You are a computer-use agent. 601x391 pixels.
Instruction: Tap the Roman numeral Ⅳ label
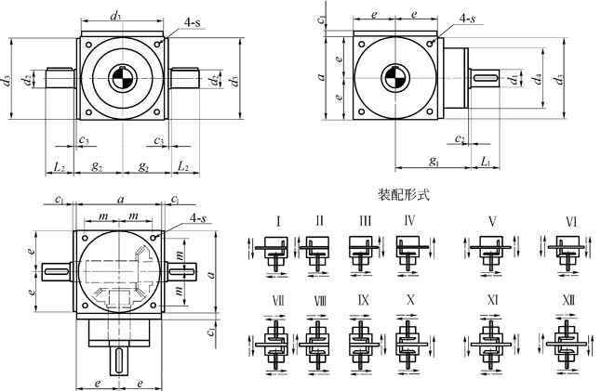coord(409,221)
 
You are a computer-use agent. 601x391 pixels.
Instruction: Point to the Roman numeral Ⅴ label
coord(490,221)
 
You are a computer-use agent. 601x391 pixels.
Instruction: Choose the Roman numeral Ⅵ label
coord(570,221)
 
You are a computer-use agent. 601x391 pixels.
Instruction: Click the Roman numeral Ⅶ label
coord(278,300)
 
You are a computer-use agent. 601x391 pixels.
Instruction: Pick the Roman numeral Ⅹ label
coord(410,300)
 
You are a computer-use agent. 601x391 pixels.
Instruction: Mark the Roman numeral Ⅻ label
coord(569,300)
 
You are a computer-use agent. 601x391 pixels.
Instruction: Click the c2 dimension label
coord(461,138)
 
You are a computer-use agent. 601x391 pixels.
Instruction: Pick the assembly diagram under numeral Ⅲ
coord(361,252)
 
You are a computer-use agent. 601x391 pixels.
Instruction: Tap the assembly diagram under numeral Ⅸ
coord(361,335)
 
